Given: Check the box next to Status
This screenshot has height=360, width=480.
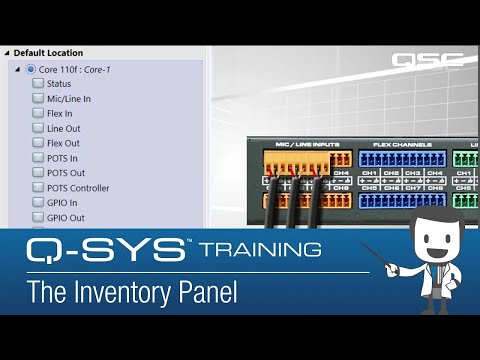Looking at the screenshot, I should pyautogui.click(x=38, y=83).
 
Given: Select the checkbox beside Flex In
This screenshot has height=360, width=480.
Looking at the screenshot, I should pyautogui.click(x=38, y=113).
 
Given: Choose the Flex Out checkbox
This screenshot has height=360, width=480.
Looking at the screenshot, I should pyautogui.click(x=38, y=143).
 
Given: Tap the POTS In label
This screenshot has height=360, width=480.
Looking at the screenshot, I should pyautogui.click(x=61, y=158).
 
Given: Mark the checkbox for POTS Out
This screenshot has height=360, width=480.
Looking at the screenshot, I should pyautogui.click(x=38, y=173).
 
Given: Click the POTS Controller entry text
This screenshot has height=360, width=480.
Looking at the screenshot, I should pyautogui.click(x=78, y=188).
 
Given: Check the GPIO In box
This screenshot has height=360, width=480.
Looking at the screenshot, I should pyautogui.click(x=38, y=203).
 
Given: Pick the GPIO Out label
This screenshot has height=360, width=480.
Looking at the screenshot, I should pyautogui.click(x=65, y=218).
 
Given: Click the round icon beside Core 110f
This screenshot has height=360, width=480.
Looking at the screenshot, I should pyautogui.click(x=31, y=68).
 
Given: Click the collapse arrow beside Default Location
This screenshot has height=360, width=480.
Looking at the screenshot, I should pyautogui.click(x=7, y=53).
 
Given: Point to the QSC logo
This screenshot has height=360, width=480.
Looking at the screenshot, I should pyautogui.click(x=428, y=59).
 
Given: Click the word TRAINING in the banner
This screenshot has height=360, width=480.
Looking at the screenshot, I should pyautogui.click(x=259, y=247).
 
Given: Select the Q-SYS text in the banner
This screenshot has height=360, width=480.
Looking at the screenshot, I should pyautogui.click(x=104, y=248).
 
